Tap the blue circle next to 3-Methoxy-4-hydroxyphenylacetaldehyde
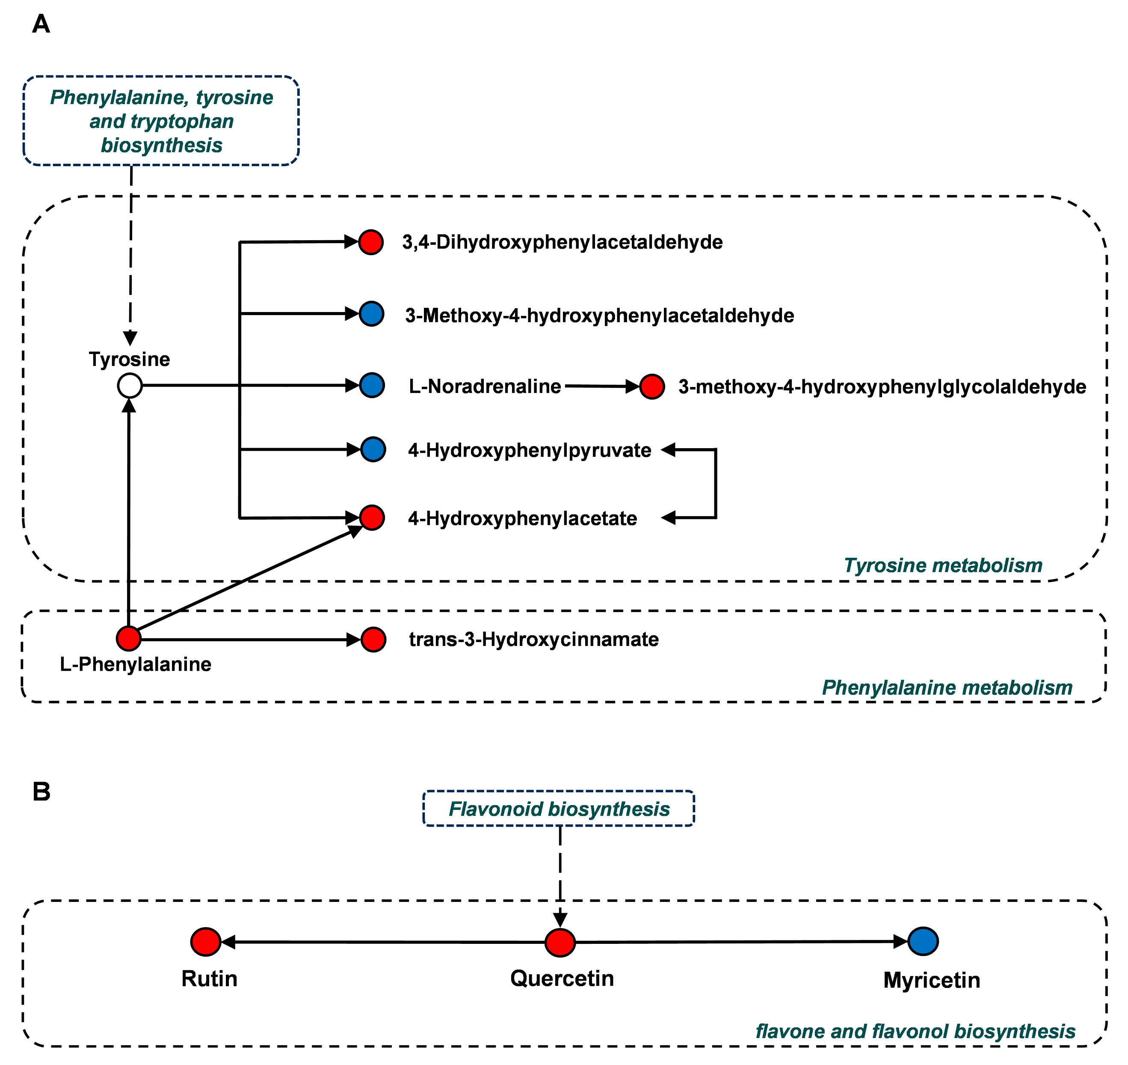(372, 313)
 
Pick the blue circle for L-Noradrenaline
(372, 386)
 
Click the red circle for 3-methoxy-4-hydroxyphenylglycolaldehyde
(652, 387)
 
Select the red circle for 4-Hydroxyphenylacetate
(372, 518)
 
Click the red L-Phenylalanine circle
(129, 639)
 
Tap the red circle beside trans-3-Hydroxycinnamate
(373, 640)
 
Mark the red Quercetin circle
(560, 943)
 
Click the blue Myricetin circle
(923, 941)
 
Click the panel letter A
(41, 24)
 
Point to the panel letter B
(41, 791)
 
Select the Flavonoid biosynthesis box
(559, 809)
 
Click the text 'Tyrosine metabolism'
(943, 565)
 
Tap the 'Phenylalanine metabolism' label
(947, 687)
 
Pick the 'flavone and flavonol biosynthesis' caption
(915, 1031)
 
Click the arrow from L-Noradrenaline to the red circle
(601, 386)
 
